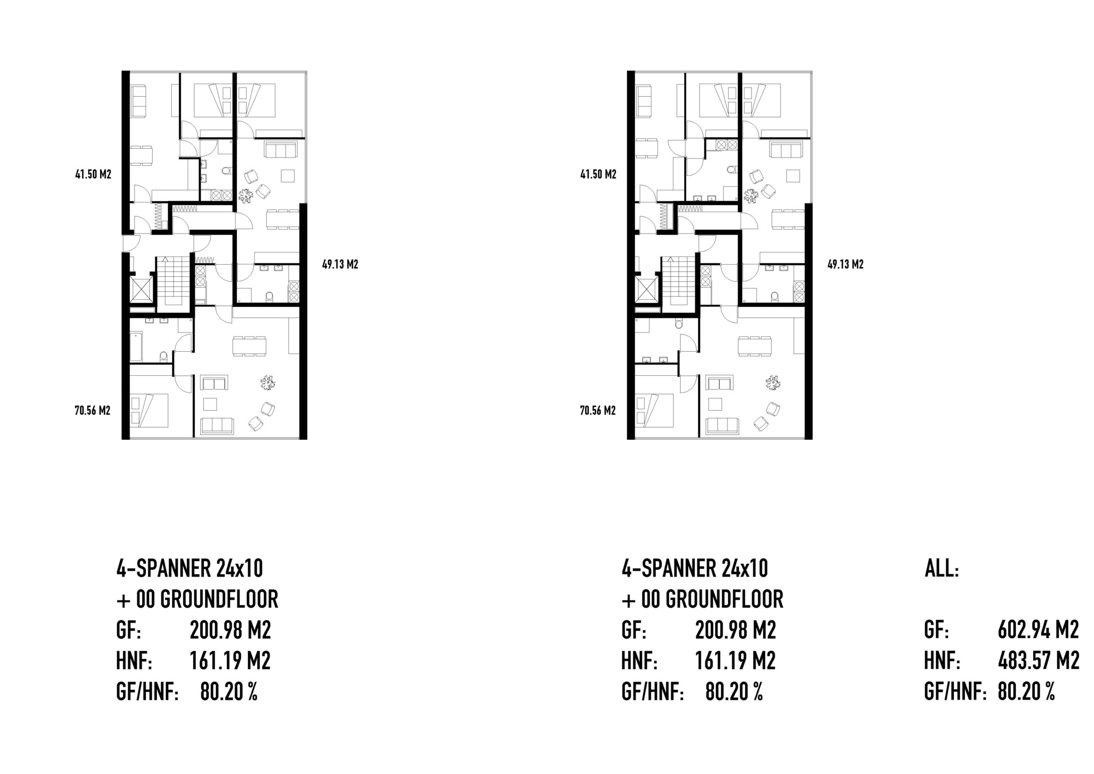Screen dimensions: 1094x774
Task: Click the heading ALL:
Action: tap(941, 569)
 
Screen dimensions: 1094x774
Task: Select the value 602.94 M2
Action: tap(1038, 630)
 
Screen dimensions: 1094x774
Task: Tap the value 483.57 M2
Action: tap(1038, 661)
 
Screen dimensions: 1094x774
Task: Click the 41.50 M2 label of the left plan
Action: tap(93, 174)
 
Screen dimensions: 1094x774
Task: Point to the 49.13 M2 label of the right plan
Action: tap(845, 265)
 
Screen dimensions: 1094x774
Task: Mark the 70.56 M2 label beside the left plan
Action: tap(92, 410)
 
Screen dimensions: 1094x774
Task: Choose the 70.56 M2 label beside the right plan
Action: tap(598, 410)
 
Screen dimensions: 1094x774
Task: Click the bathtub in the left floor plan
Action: tap(136, 346)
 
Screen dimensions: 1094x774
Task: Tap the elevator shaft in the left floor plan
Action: tap(142, 289)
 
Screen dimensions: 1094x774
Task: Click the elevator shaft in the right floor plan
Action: tap(647, 289)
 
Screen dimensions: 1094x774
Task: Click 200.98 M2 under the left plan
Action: tap(230, 630)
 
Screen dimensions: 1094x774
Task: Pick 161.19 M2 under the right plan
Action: tap(735, 661)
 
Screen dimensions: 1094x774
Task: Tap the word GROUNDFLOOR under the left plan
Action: tap(219, 600)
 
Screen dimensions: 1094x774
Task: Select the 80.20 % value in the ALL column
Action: tap(1026, 692)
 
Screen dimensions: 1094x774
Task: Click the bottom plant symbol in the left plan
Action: tap(267, 383)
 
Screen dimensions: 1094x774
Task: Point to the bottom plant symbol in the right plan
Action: tap(773, 383)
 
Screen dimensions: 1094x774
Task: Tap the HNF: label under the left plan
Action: tap(134, 661)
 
